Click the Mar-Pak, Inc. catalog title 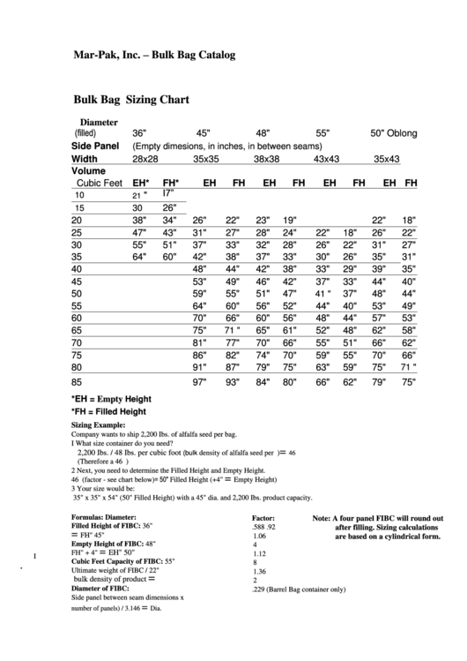153,55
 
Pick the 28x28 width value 145,159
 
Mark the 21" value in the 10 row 139,195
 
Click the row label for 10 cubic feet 80,195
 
